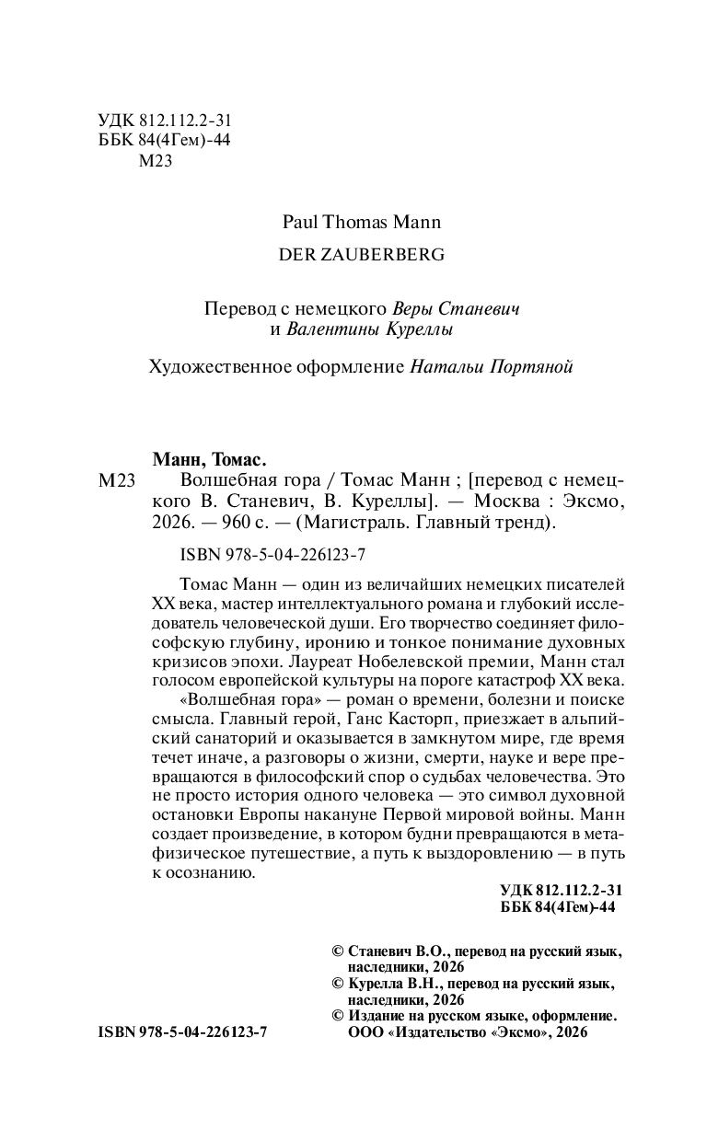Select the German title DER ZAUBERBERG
click(x=361, y=255)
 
